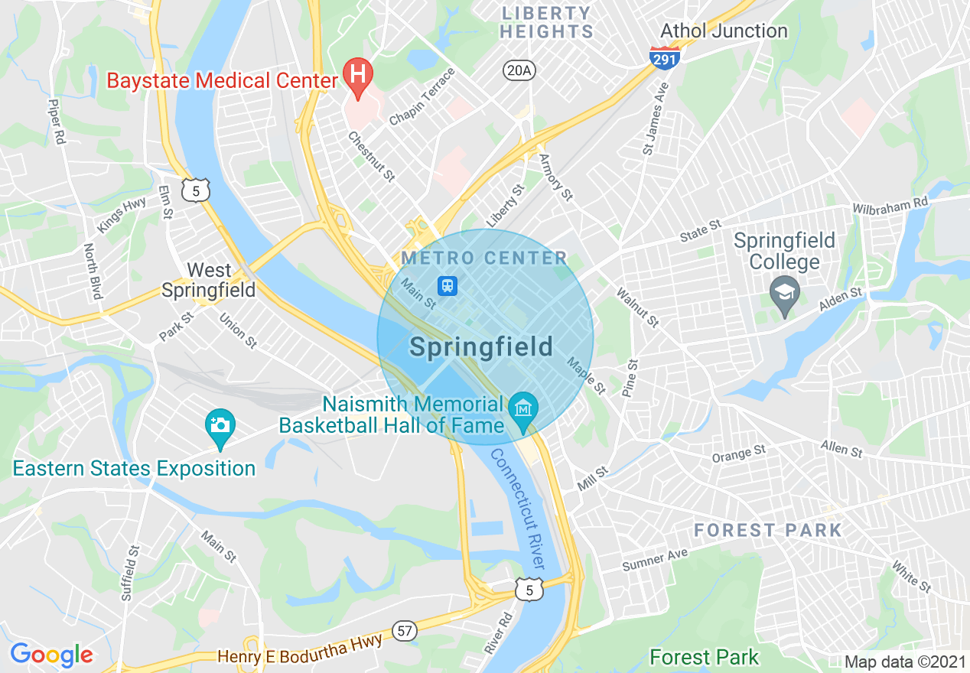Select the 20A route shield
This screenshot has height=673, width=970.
tap(518, 71)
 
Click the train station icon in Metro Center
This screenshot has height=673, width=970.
tap(447, 286)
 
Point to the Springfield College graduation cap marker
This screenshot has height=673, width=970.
tap(784, 293)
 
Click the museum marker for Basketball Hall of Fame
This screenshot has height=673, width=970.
tap(524, 407)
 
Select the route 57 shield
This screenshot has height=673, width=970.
tap(405, 631)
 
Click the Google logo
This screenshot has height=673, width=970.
tap(51, 655)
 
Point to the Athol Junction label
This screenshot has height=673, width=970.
tap(723, 31)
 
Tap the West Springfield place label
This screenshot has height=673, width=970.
tap(208, 280)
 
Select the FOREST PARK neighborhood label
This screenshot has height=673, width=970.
tap(767, 530)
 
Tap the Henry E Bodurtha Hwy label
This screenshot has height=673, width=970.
tap(299, 651)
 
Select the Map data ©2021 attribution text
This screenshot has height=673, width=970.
tap(906, 662)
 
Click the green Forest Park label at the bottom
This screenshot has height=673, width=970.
tap(704, 657)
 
